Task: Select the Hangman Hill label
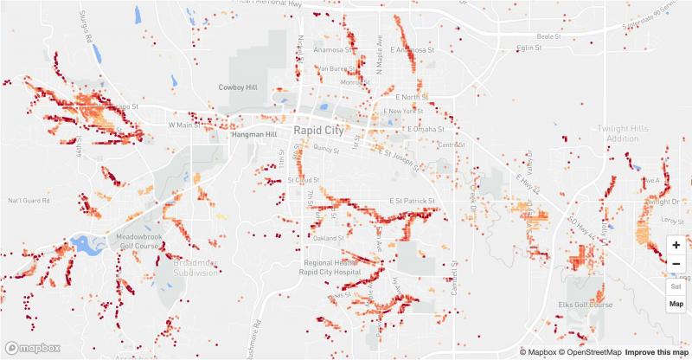[x=253, y=135]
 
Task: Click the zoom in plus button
[x=676, y=246]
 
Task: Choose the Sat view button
[x=676, y=286]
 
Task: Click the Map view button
[x=676, y=304]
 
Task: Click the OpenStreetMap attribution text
[x=589, y=351]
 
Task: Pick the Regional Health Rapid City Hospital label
[x=336, y=267]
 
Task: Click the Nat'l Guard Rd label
[x=27, y=201]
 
